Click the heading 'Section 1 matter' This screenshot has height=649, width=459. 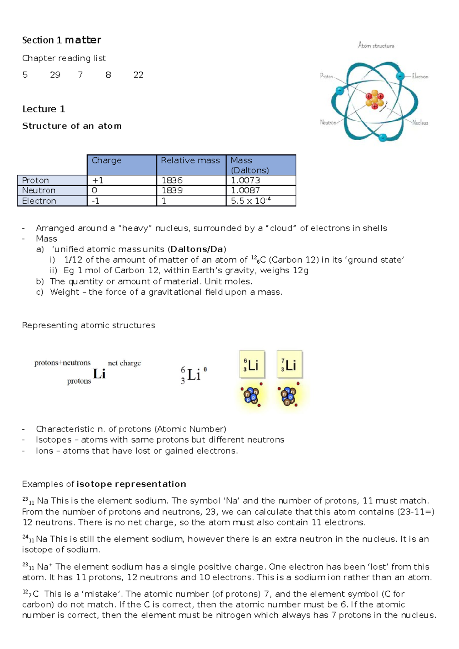click(x=62, y=40)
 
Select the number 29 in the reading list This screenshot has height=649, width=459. click(x=55, y=75)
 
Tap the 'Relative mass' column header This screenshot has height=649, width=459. click(x=190, y=161)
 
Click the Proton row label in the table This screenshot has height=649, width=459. click(x=36, y=180)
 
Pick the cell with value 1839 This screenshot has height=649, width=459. click(x=172, y=190)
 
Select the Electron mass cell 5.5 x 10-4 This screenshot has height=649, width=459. click(x=251, y=201)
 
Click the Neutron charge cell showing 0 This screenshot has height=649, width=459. click(x=95, y=190)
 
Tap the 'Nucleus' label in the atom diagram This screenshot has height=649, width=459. click(x=420, y=123)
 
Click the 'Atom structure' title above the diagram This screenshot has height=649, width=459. click(x=376, y=45)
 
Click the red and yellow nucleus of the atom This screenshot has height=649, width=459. click(x=375, y=100)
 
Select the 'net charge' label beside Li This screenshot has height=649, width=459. click(x=124, y=363)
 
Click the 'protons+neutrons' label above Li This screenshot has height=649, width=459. click(x=62, y=363)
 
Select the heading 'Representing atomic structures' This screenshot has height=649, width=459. click(x=89, y=325)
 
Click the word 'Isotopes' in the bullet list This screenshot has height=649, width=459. click(x=54, y=440)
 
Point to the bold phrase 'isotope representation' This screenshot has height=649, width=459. click(x=131, y=484)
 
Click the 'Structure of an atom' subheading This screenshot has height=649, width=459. click(x=72, y=126)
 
